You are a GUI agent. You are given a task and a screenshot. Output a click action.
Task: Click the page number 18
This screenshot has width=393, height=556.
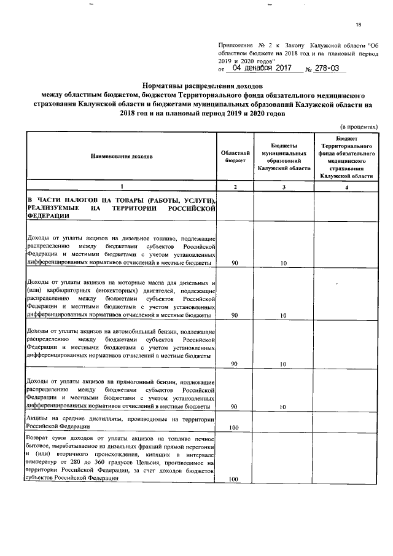359,25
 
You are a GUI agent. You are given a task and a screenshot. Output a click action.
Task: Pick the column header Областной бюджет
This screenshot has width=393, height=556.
234,156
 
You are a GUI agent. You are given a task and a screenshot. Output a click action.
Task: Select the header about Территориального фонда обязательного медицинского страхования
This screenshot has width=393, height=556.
346,157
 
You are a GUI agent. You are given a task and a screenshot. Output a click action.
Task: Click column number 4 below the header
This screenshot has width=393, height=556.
346,187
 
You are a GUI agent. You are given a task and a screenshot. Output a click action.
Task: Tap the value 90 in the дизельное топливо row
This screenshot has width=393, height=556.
234,263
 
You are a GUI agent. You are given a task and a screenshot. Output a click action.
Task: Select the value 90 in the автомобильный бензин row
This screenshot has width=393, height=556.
234,364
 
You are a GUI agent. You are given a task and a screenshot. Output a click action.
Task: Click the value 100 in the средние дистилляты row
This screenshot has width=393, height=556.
234,427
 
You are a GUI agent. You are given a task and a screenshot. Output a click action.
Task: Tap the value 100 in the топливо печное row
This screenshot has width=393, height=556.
234,479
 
